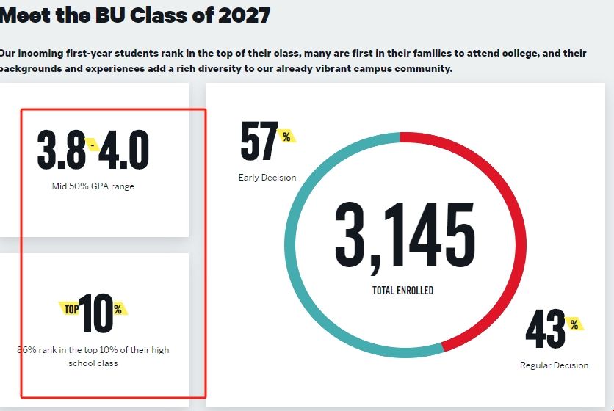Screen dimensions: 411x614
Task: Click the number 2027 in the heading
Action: point(245,14)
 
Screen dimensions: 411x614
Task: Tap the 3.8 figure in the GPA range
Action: point(61,150)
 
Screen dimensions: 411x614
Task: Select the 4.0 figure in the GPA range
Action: point(123,150)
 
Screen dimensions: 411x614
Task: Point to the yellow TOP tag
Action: point(71,309)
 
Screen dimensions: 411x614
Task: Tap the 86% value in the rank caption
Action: point(26,350)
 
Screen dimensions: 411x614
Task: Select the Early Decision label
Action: point(267,178)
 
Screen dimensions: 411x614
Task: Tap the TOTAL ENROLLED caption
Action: point(403,291)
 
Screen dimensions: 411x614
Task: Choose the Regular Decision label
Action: point(554,365)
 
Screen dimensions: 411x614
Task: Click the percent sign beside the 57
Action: point(286,136)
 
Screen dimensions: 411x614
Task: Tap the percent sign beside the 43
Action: point(574,324)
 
